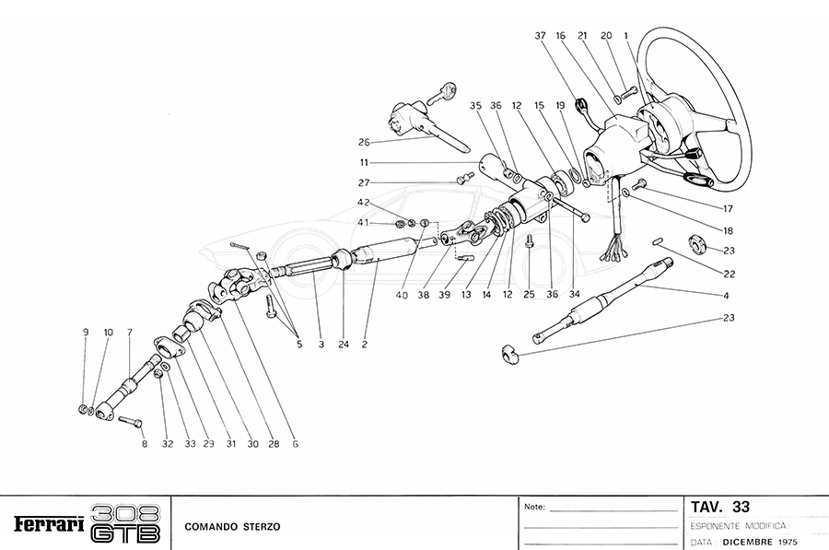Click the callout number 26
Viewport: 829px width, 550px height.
pos(364,143)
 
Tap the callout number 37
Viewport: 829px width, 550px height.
pos(541,36)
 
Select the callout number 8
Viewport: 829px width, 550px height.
pos(144,443)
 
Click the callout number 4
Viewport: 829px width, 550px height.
pos(726,296)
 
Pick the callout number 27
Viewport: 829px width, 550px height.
pos(364,181)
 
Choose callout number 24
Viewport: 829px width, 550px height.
pos(344,345)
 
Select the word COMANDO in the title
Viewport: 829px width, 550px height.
pos(210,527)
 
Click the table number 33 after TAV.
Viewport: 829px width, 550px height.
pos(741,507)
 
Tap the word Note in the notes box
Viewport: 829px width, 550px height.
pos(534,508)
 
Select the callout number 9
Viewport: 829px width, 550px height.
pos(86,332)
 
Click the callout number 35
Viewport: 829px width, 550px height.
pos(475,105)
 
